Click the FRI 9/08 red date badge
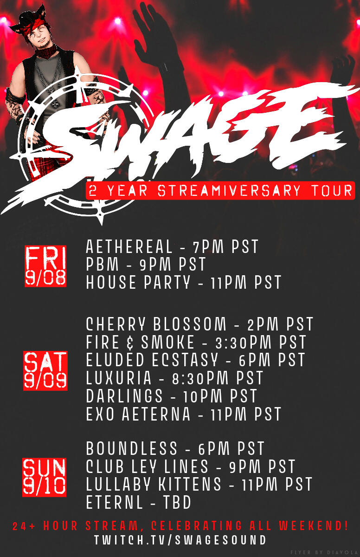click(x=45, y=266)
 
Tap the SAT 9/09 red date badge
click(x=45, y=371)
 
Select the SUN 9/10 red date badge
click(x=44, y=477)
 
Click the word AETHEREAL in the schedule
click(x=129, y=246)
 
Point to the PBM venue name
click(x=103, y=264)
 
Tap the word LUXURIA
click(x=118, y=378)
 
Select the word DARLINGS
click(x=124, y=396)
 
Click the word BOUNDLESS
click(x=132, y=448)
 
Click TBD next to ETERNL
click(x=177, y=502)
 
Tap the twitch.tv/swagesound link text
click(x=180, y=540)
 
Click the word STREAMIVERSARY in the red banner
click(x=229, y=190)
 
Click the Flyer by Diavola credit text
click(x=325, y=552)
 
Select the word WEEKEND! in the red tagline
click(x=313, y=525)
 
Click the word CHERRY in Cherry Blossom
click(x=116, y=324)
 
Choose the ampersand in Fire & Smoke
click(x=130, y=343)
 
